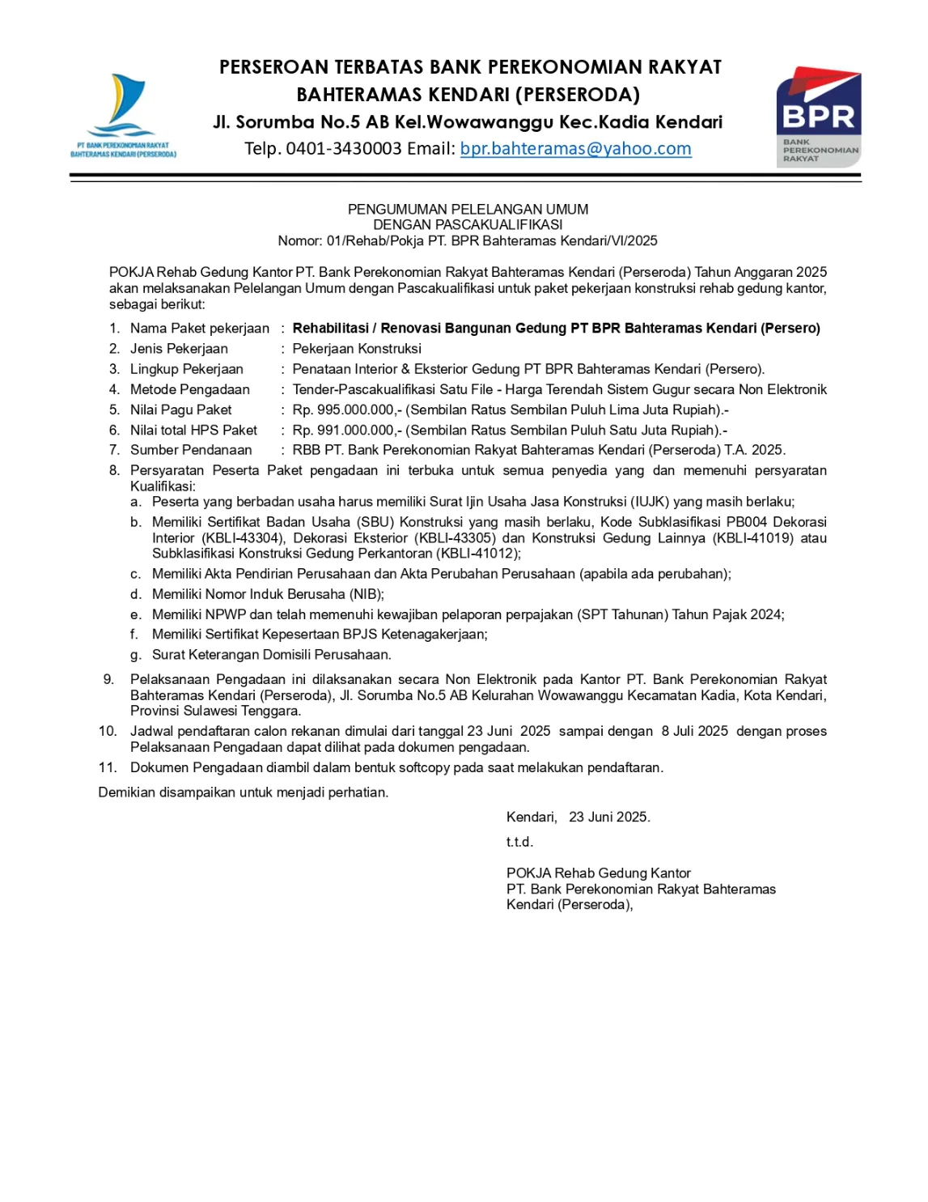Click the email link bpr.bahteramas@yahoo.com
click(x=575, y=149)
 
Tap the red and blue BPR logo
click(x=818, y=117)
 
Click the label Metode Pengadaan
click(x=190, y=390)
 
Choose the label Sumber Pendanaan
click(x=191, y=451)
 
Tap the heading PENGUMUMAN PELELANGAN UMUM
click(x=468, y=210)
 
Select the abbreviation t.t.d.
click(x=519, y=843)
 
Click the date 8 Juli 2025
click(x=694, y=732)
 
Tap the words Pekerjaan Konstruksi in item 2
click(x=357, y=349)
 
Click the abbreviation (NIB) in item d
click(x=366, y=595)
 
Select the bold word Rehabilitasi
click(x=330, y=329)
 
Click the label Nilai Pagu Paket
click(x=181, y=410)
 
